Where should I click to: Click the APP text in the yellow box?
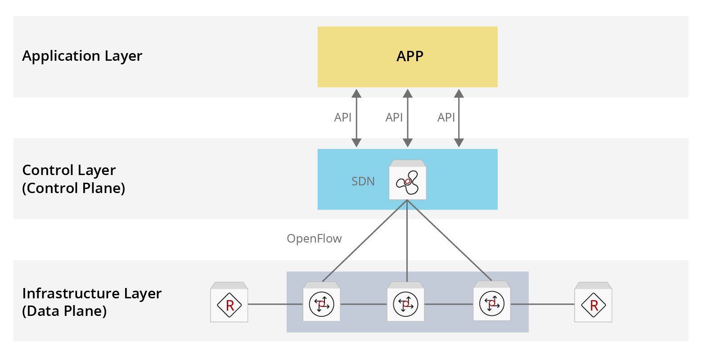(x=409, y=56)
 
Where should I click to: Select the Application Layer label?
(x=82, y=56)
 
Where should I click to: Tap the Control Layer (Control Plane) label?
(x=73, y=179)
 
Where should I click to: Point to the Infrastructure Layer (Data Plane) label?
(x=91, y=302)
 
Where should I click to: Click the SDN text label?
(x=363, y=181)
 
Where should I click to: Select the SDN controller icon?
(x=407, y=180)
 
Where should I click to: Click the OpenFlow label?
(x=314, y=238)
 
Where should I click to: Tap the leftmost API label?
(x=342, y=117)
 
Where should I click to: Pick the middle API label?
(x=394, y=117)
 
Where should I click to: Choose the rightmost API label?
(x=446, y=117)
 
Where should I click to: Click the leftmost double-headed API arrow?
(x=356, y=118)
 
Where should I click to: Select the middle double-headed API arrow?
(x=408, y=118)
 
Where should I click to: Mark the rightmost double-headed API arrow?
(x=459, y=118)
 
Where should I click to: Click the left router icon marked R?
(x=229, y=303)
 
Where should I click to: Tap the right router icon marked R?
(x=593, y=303)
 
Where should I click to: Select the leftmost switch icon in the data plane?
(x=321, y=303)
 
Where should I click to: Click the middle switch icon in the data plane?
(x=405, y=303)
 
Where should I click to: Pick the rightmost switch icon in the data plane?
(x=491, y=302)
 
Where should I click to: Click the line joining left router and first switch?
(x=275, y=304)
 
